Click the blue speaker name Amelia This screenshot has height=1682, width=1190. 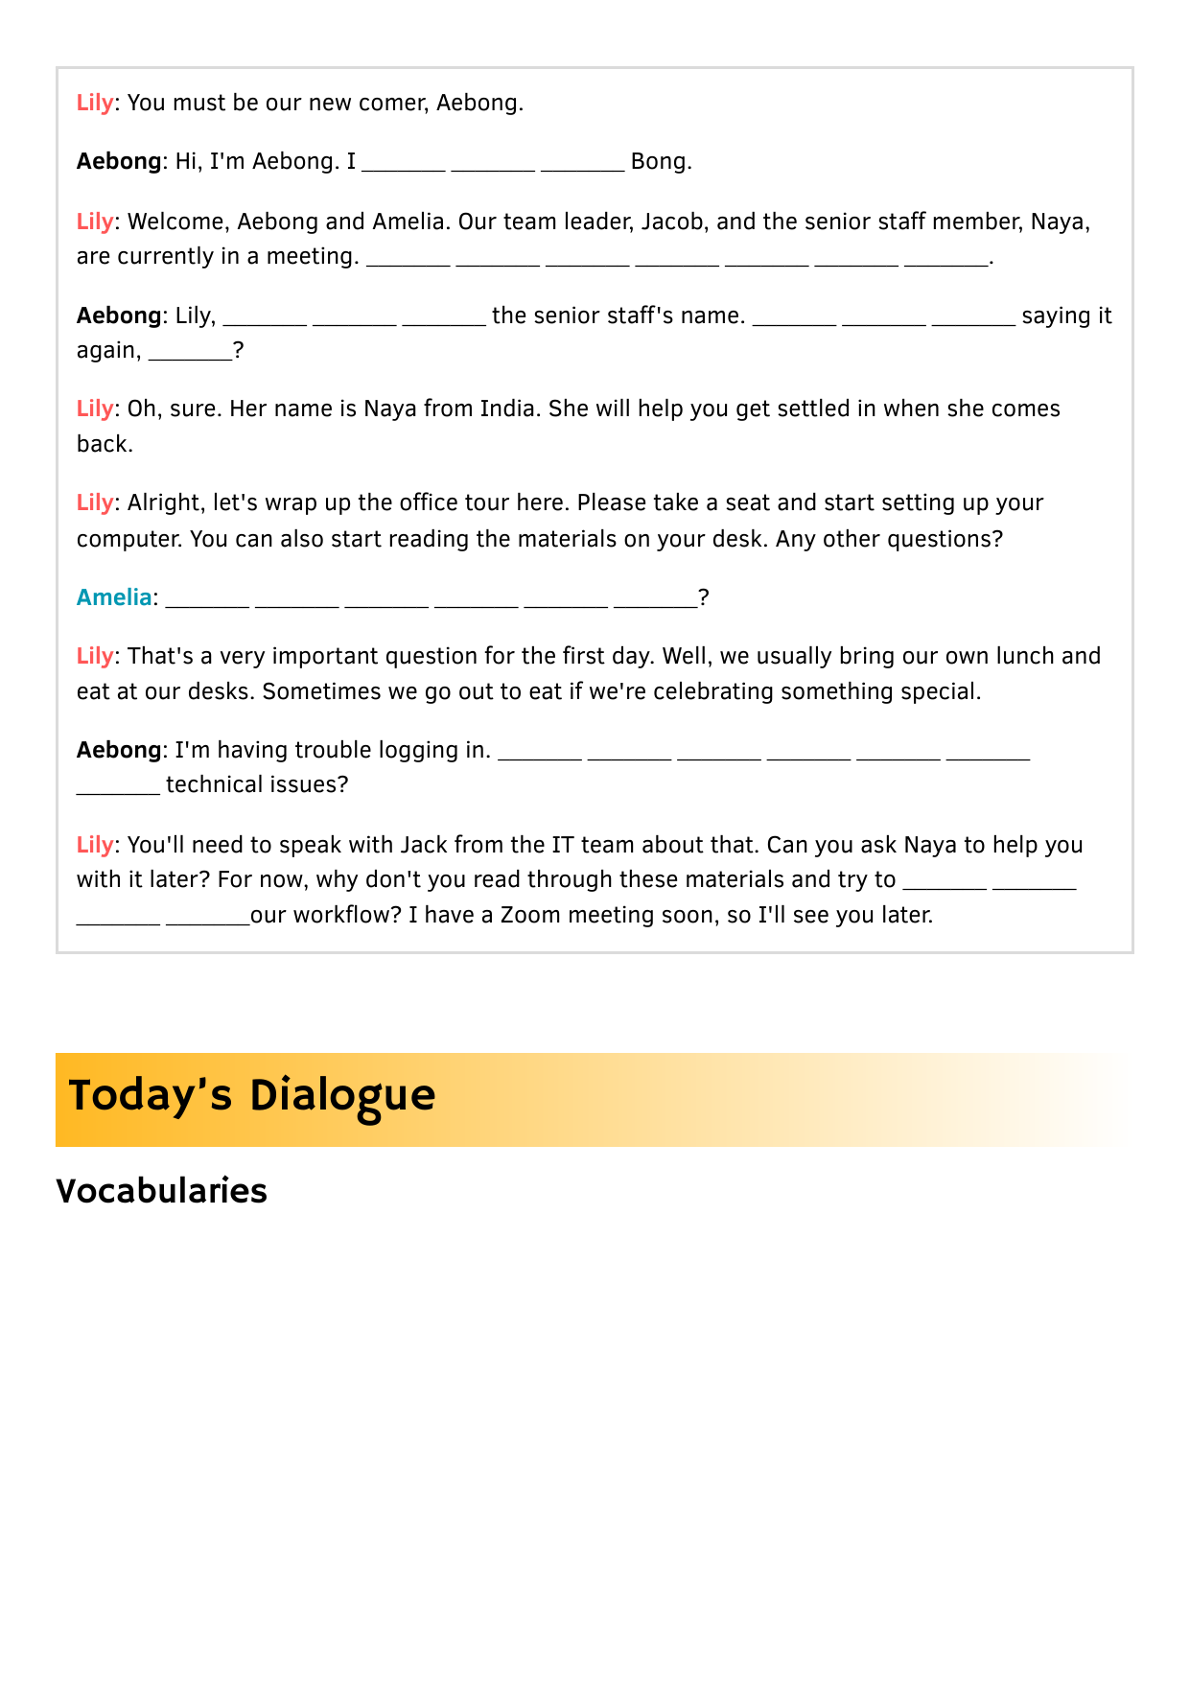[114, 597]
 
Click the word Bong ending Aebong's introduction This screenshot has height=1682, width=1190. [658, 161]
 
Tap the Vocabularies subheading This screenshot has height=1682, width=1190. [161, 1191]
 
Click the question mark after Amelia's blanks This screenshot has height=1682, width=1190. [704, 597]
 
